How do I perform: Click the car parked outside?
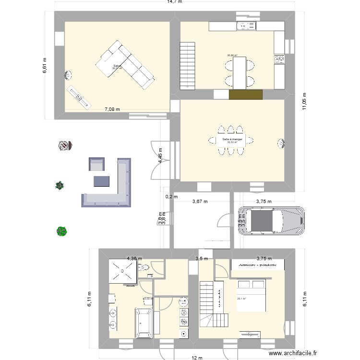pyautogui.click(x=272, y=221)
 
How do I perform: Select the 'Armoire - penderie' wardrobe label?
pyautogui.click(x=257, y=264)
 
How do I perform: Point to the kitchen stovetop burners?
pyautogui.click(x=279, y=59)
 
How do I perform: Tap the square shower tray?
pyautogui.click(x=122, y=272)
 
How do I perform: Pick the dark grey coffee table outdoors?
pyautogui.click(x=101, y=181)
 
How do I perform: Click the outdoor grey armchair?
pyautogui.click(x=96, y=165)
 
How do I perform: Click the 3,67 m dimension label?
pyautogui.click(x=200, y=202)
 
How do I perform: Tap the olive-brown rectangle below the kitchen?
pyautogui.click(x=245, y=95)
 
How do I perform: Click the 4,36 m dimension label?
pyautogui.click(x=134, y=259)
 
